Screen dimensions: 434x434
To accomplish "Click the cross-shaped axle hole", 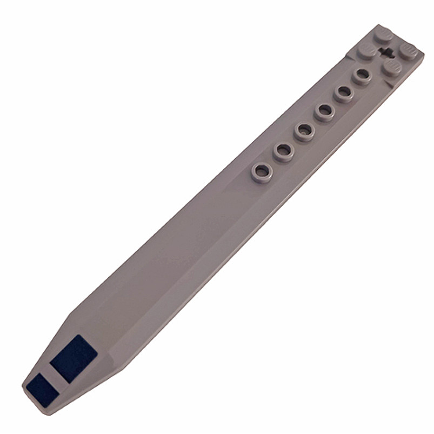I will click(x=386, y=52).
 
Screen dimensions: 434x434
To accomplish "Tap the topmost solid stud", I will click(x=384, y=36).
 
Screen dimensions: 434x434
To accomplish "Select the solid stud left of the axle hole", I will click(x=368, y=51).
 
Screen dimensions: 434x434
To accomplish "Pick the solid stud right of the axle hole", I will click(x=408, y=51).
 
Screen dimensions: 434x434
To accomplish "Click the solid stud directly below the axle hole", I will click(x=391, y=67).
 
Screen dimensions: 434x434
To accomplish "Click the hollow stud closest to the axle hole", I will click(x=362, y=76).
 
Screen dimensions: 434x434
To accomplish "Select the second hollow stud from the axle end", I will click(x=343, y=93).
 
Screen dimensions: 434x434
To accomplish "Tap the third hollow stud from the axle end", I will click(x=325, y=112).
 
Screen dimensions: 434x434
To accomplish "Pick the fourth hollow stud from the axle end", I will click(x=305, y=131).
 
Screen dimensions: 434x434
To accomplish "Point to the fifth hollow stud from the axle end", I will click(x=283, y=151).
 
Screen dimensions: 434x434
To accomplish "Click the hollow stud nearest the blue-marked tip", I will click(x=262, y=172).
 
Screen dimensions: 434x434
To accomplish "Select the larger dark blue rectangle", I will click(x=74, y=357).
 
